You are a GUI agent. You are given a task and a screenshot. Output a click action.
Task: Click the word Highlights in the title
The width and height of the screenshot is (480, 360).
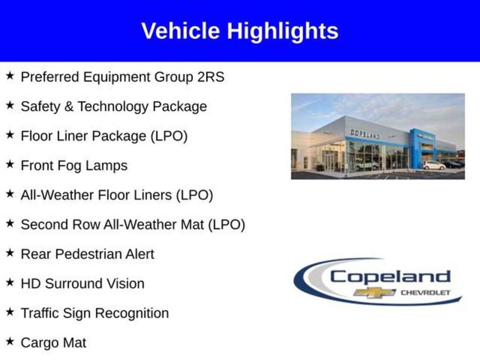point(283,31)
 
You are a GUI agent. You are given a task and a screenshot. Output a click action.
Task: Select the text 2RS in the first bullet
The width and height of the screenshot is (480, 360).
point(210,77)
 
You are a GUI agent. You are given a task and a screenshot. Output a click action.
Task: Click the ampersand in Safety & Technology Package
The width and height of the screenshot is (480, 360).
point(69,106)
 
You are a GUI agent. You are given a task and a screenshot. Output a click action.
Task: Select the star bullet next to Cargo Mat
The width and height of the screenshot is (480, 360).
point(10,341)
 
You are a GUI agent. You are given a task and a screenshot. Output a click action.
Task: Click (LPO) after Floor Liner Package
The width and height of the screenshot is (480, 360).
point(169,136)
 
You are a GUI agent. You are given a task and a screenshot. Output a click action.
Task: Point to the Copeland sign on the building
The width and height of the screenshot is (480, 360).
point(365,134)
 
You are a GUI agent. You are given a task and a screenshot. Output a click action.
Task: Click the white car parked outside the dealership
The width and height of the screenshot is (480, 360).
point(434,165)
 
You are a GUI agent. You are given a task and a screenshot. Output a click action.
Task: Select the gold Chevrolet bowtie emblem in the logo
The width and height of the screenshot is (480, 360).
point(375,292)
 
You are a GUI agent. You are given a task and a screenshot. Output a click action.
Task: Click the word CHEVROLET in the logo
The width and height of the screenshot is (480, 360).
point(426,292)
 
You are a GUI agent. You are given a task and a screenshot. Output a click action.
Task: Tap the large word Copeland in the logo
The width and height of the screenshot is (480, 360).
point(390,277)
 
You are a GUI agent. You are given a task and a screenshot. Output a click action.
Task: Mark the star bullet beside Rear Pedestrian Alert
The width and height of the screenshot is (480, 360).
point(10,252)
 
